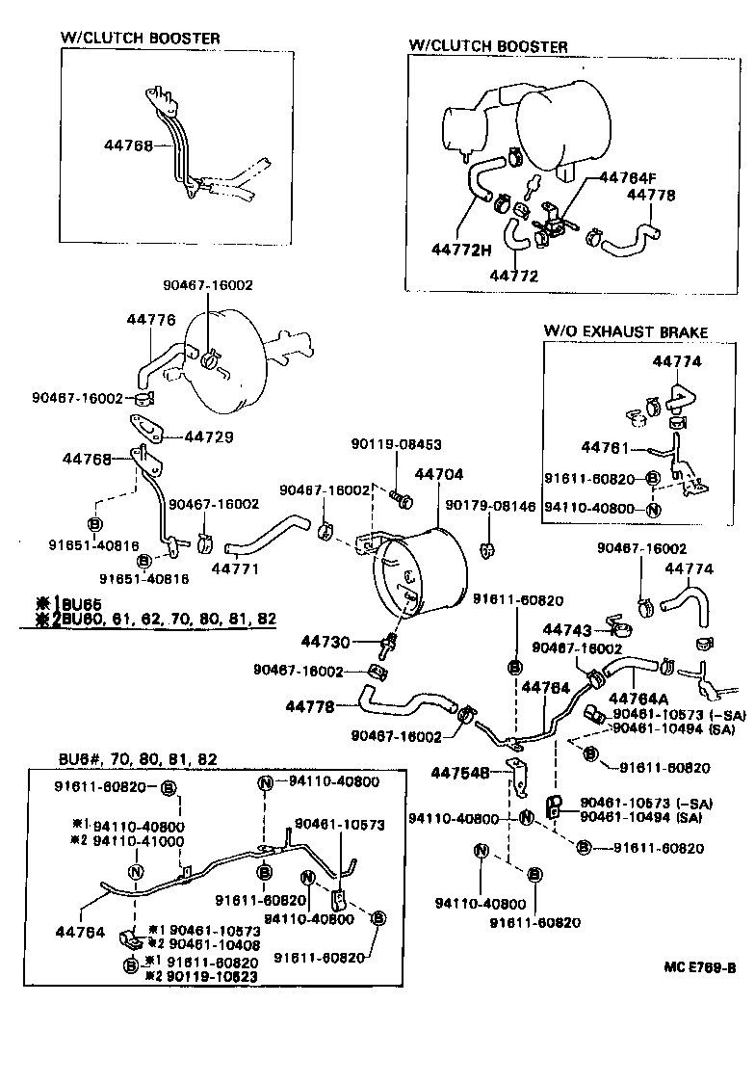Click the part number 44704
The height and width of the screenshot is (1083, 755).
[439, 474]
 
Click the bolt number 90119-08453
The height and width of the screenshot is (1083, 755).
[396, 444]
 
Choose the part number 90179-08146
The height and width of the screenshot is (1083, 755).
[489, 505]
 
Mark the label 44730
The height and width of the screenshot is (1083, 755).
[325, 641]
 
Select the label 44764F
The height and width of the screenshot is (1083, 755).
[627, 177]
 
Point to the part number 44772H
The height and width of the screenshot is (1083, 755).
[460, 250]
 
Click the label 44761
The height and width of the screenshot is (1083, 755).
[605, 448]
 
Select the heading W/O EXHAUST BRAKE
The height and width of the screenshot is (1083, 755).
[626, 331]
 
